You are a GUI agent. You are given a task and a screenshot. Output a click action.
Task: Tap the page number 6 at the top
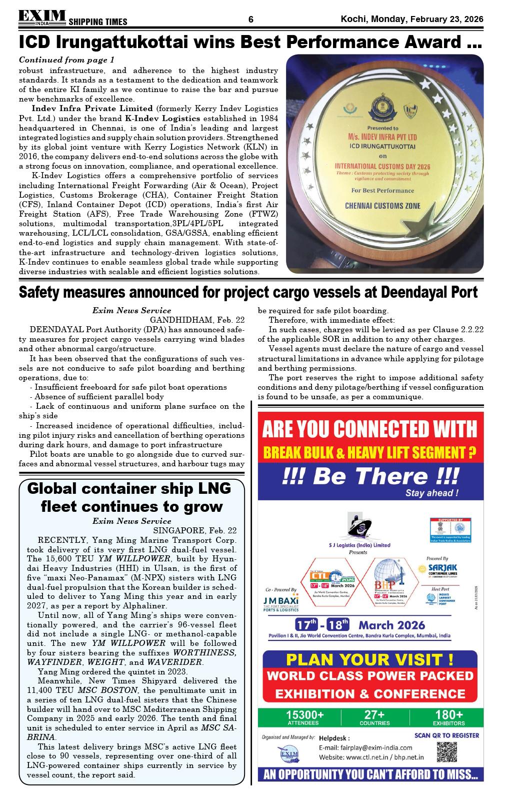(x=251, y=20)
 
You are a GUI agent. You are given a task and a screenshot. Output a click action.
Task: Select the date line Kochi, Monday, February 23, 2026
(x=412, y=19)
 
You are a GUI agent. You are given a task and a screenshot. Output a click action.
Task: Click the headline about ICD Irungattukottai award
(x=250, y=42)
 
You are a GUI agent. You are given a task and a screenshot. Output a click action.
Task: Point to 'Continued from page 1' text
(x=66, y=60)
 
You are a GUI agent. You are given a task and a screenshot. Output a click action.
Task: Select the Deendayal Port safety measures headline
(x=248, y=292)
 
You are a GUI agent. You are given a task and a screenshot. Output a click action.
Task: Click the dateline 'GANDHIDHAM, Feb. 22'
(x=197, y=320)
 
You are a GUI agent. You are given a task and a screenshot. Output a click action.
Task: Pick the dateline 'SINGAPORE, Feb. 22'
(x=195, y=530)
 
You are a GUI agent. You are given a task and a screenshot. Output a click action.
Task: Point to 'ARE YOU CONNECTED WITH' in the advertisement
(x=369, y=429)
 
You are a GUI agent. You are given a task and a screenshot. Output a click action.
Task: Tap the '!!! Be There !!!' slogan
(x=369, y=476)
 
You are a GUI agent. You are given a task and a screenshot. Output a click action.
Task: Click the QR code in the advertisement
(x=447, y=752)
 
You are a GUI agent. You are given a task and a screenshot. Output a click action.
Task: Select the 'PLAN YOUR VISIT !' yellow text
(x=369, y=658)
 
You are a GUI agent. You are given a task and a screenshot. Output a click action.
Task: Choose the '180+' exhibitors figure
(x=448, y=714)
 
